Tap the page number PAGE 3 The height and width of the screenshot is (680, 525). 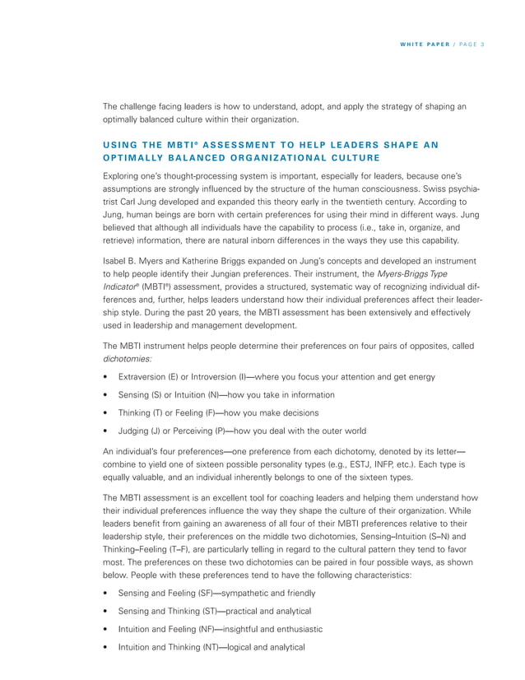pyautogui.click(x=469, y=43)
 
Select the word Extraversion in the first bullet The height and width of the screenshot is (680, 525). pyautogui.click(x=142, y=377)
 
